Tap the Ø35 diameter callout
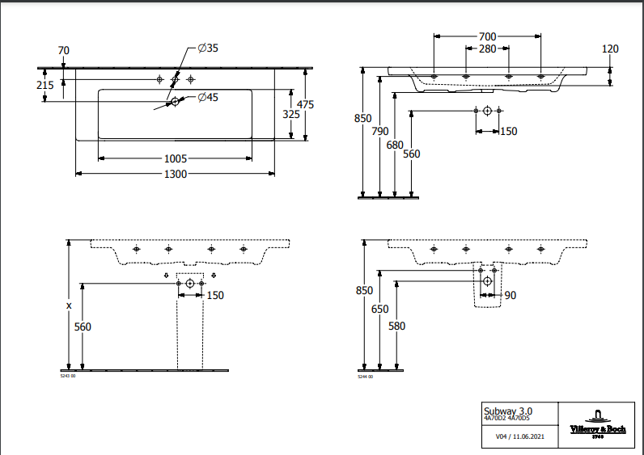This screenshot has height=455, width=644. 208,48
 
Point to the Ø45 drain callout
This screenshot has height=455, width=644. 208,98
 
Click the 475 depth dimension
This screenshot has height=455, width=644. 305,104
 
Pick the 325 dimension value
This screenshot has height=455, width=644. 291,115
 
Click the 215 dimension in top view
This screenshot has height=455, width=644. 45,85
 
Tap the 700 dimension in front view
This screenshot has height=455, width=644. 487,36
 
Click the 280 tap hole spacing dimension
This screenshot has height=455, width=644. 487,49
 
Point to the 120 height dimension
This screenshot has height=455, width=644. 611,49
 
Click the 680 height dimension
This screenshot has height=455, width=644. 395,145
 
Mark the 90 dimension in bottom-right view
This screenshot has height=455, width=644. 510,296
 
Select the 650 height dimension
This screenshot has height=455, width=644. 380,310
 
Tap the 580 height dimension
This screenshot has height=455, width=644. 396,326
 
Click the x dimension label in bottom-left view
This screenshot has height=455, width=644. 69,305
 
